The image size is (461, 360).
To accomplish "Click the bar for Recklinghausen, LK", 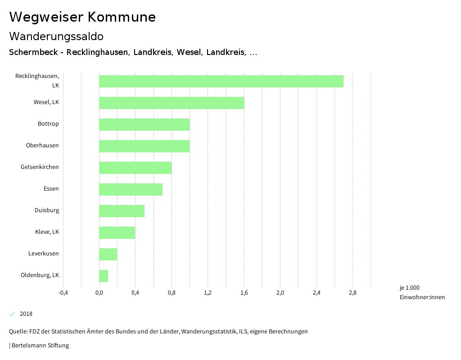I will click(221, 81).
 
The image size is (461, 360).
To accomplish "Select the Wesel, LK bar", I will click(172, 103).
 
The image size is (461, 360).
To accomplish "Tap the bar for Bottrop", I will click(144, 124).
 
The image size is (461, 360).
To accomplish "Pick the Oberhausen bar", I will click(144, 146).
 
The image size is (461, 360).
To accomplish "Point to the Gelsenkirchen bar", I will click(135, 168).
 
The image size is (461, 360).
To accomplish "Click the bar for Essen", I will click(131, 189).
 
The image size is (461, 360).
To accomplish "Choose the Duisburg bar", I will click(122, 211).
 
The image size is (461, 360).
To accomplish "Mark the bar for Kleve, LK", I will click(117, 232).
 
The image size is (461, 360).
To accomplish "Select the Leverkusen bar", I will click(108, 254).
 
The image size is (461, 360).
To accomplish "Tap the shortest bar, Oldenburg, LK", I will click(104, 276).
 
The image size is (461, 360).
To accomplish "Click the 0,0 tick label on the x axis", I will click(99, 293).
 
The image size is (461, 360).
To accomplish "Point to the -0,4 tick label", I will click(63, 293).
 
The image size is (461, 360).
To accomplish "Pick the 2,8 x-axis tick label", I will click(353, 293).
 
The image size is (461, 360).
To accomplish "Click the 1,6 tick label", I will click(244, 293).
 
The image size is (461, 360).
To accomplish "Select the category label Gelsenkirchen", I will click(40, 167).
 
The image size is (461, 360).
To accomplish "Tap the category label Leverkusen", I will click(43, 254).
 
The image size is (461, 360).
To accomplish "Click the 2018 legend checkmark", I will click(12, 314).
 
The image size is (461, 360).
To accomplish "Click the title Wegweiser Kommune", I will click(82, 17).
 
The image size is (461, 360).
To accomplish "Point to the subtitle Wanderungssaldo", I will click(56, 36).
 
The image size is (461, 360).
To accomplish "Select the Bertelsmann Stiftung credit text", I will click(40, 346).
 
